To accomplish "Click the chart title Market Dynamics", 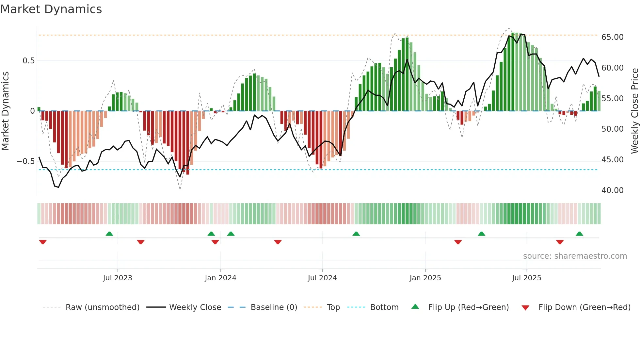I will pos(51,9).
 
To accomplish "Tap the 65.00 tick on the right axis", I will pos(612,37).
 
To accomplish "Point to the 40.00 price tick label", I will pos(612,190).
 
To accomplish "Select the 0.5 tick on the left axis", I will pos(28,61).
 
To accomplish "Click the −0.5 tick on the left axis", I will pos(26,161).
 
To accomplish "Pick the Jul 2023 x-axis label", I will pos(118,278).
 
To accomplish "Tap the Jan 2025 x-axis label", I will pos(425,278).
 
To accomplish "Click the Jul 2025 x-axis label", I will pos(526,278).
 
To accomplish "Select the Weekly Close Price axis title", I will pos(634,111).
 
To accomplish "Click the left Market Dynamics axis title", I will pos(5,111).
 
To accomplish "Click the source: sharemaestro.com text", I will pos(575,256).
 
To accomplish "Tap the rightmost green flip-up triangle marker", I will pos(579,234).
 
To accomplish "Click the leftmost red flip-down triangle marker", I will pos(43,242).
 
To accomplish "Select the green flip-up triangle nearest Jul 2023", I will pos(109,234).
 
